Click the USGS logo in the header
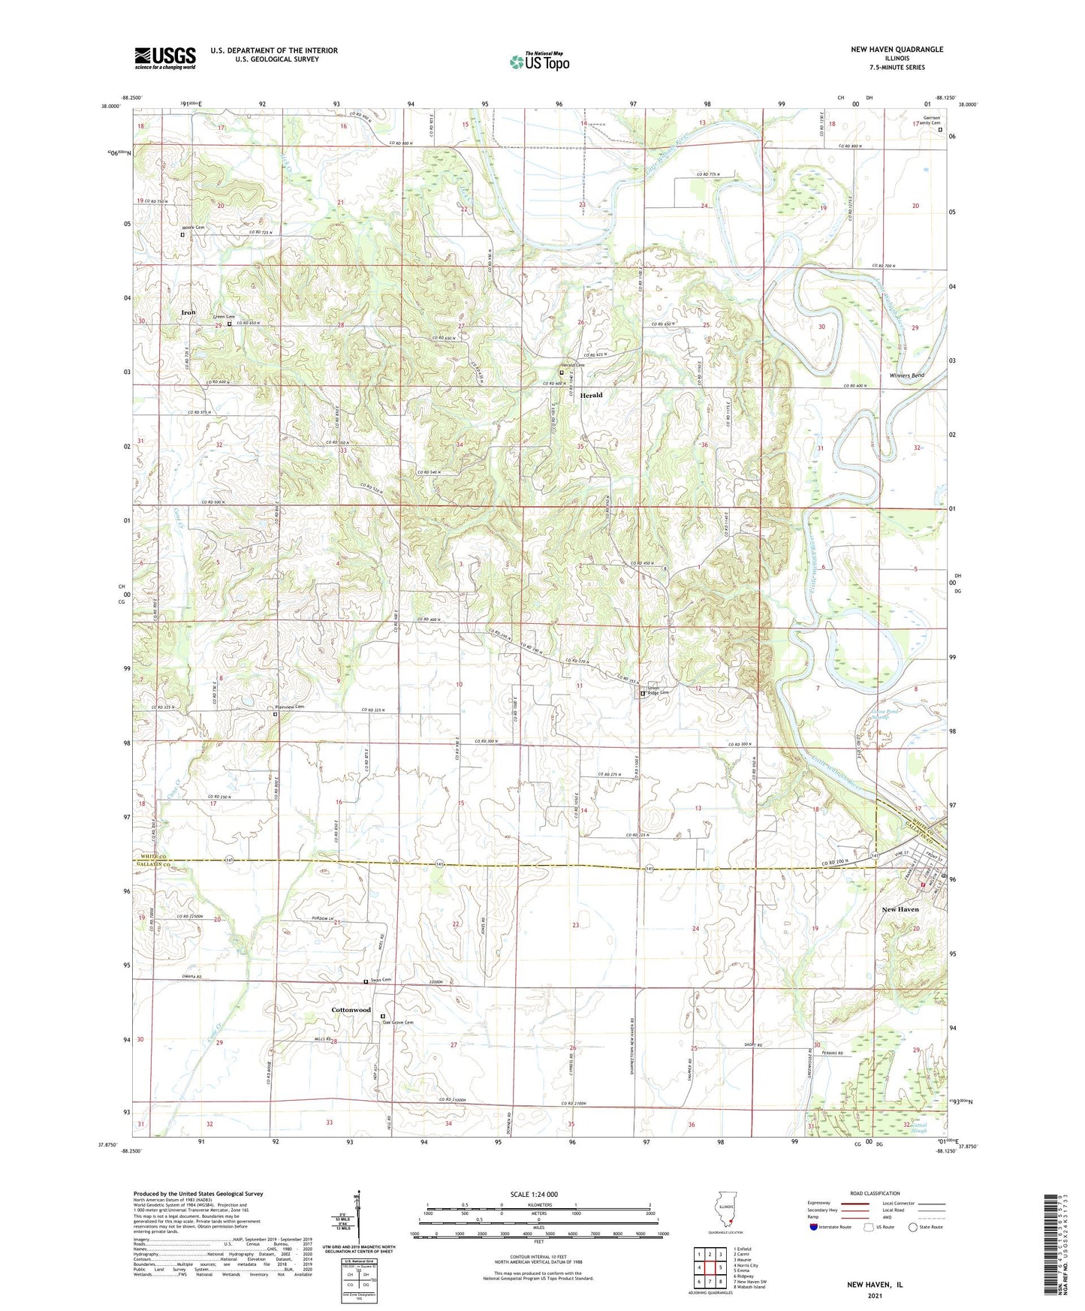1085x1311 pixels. [x=165, y=58]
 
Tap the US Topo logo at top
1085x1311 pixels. [x=539, y=62]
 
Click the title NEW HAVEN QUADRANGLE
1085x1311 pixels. [x=897, y=50]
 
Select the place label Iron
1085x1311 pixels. [x=188, y=312]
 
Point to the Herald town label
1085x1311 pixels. [x=591, y=395]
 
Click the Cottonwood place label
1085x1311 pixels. [x=351, y=1010]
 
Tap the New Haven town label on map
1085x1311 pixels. [x=900, y=909]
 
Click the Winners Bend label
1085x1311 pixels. [x=906, y=375]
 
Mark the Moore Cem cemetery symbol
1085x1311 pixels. [x=182, y=234]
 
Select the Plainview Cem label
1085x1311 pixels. [x=288, y=707]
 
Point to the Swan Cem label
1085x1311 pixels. [x=381, y=980]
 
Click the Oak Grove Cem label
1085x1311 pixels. [x=398, y=1022]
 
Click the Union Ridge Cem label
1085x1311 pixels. [x=659, y=691]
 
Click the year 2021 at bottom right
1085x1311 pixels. [x=875, y=1295]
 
